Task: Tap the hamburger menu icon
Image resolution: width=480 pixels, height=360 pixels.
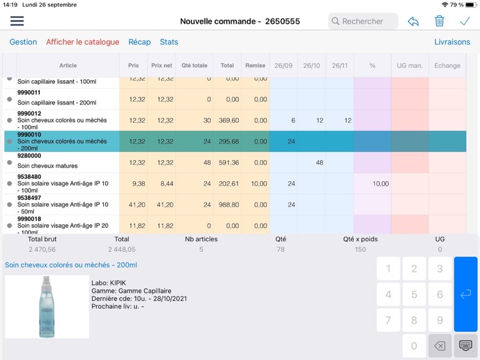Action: [17, 21]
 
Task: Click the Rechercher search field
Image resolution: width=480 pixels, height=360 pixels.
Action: [363, 21]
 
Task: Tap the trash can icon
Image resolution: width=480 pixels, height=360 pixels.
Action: [439, 21]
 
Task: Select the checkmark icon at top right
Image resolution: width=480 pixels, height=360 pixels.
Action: [465, 21]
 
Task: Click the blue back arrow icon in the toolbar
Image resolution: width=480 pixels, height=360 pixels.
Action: [413, 21]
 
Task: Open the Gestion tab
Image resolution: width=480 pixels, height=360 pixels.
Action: [23, 42]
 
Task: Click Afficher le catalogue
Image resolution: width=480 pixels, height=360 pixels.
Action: [83, 42]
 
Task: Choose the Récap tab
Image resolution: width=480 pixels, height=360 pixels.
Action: [140, 42]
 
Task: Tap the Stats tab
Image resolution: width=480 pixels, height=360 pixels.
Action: [169, 42]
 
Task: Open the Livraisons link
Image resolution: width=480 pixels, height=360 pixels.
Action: [452, 42]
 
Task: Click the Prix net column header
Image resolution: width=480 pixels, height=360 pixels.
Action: [161, 65]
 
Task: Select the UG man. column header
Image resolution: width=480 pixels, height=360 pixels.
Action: [410, 65]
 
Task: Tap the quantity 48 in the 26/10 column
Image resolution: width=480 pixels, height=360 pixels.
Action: [319, 163]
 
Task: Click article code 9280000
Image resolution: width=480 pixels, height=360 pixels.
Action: [29, 156]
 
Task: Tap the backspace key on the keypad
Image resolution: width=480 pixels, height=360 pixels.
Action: [440, 346]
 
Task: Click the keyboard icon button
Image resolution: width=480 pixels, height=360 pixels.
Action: [465, 346]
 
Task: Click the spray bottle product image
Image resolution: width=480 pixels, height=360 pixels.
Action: [47, 306]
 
